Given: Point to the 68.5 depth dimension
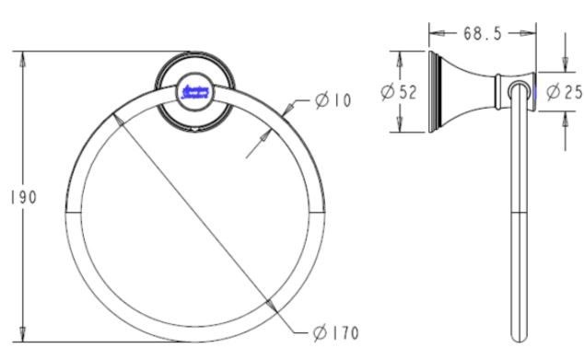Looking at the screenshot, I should [x=482, y=34].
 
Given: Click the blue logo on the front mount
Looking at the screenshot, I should [x=195, y=90].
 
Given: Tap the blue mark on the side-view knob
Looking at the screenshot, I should [x=532, y=90].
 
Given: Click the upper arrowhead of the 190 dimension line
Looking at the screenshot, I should [x=24, y=57].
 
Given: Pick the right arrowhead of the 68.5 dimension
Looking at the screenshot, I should [x=532, y=34].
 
